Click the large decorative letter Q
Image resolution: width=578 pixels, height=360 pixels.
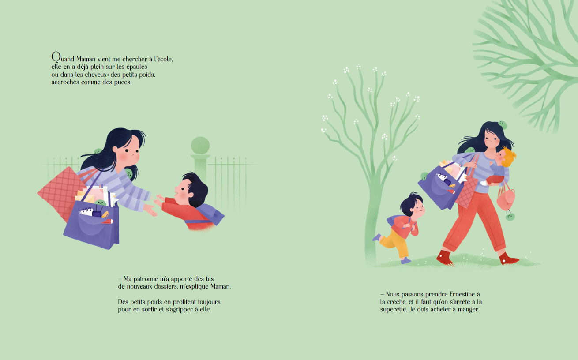pos(56,57)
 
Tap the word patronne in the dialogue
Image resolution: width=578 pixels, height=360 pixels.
pos(146,279)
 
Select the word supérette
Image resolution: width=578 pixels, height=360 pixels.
pos(393,310)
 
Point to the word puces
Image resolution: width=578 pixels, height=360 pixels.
pos(123,82)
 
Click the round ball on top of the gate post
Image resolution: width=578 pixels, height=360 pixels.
pos(200,146)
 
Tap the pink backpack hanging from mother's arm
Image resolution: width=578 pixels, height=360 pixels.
pos(506,199)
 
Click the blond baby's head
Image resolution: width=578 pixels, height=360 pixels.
pos(505,157)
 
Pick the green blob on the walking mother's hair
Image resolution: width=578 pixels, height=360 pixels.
pos(503,125)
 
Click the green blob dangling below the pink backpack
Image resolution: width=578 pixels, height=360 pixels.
pos(510,216)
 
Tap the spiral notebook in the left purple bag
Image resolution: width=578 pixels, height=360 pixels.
pos(86,211)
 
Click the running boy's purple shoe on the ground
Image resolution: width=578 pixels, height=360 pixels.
pos(406,260)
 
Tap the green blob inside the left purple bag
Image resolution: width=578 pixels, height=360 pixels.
pos(100,202)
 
